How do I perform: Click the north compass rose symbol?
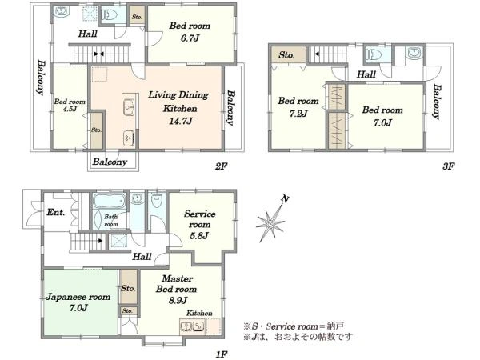coord(271,222)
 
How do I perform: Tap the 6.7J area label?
coord(190,38)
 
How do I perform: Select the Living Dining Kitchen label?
coord(178,102)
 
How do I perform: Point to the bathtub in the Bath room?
coord(110,201)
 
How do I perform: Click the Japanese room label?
coord(78,297)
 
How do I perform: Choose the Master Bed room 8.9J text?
coord(177,290)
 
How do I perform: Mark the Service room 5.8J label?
coord(199,224)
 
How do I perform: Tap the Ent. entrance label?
coord(56,212)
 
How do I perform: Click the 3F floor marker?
coord(448,166)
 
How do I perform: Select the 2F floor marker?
coord(221,166)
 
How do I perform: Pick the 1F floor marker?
coord(222,354)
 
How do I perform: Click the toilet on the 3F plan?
coord(374,54)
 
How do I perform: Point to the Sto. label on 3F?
coord(286,55)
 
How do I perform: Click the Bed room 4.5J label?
coord(70,105)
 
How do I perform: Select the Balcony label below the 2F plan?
coord(110,162)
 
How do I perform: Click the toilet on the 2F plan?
coord(109,14)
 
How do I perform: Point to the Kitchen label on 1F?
coord(199,313)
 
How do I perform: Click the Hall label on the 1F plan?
coord(142,257)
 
